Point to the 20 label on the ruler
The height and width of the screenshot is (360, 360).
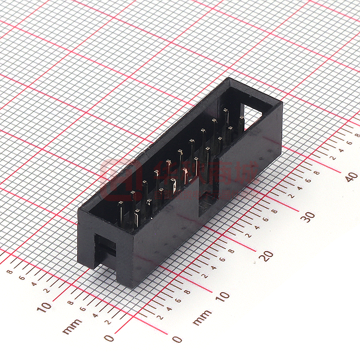pyautogui.click(x=267, y=255)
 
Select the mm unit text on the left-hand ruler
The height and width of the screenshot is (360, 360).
pyautogui.click(x=72, y=326)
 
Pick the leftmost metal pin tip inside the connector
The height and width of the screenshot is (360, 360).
pyautogui.click(x=120, y=204)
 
